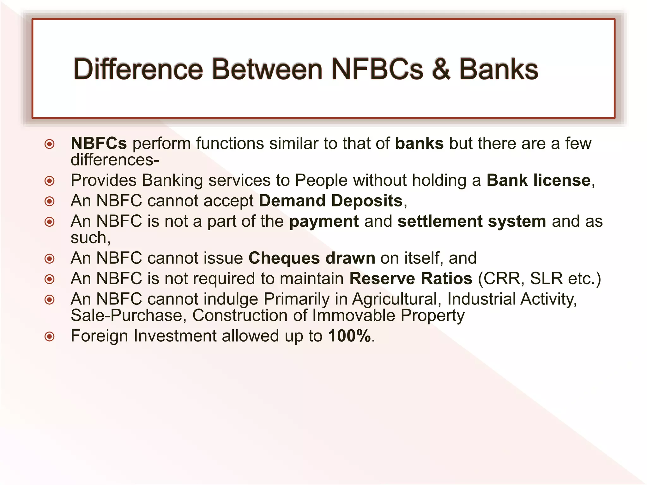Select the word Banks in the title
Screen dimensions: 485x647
pyautogui.click(x=499, y=69)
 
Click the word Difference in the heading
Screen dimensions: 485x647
pyautogui.click(x=138, y=69)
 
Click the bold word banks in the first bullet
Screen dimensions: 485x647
pyautogui.click(x=419, y=143)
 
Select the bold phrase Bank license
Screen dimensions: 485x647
pyautogui.click(x=538, y=180)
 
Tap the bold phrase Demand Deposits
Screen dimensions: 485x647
pyautogui.click(x=331, y=201)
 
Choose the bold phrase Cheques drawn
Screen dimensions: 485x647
pyautogui.click(x=312, y=258)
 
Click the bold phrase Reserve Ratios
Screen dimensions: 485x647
pyautogui.click(x=411, y=278)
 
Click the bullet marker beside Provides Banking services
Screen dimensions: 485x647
pyautogui.click(x=50, y=181)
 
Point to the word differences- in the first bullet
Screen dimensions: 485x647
pyautogui.click(x=115, y=160)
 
